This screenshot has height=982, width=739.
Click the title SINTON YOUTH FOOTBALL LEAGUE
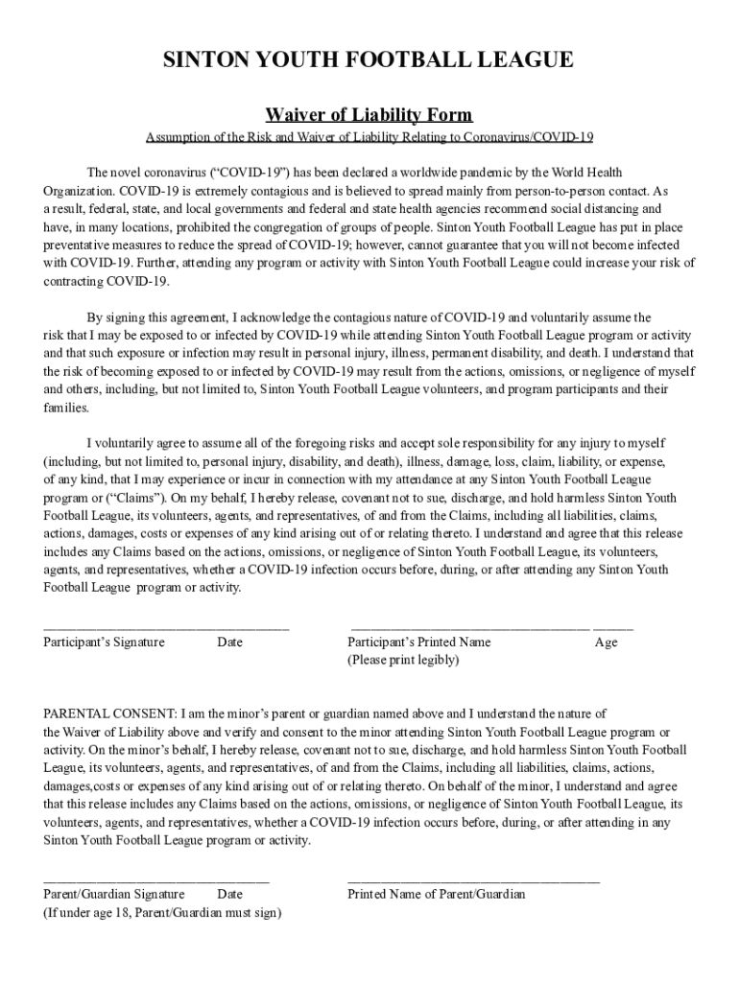click(369, 61)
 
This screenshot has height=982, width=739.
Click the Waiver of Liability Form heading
click(369, 116)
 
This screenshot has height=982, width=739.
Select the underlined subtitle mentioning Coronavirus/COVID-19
click(369, 137)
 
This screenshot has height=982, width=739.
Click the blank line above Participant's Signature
click(166, 626)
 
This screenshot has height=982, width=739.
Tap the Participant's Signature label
click(104, 643)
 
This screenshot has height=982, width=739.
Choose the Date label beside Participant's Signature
click(229, 643)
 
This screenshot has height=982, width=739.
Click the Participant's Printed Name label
click(418, 643)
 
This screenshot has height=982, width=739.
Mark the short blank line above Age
click(613, 626)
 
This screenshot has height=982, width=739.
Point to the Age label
click(606, 643)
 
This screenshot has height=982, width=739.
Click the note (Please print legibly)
click(403, 661)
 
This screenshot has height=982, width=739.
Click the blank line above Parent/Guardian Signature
click(156, 878)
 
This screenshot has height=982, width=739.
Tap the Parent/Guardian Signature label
click(114, 895)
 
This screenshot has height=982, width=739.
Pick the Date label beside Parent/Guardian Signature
click(229, 895)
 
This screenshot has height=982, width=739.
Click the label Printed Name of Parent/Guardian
click(436, 895)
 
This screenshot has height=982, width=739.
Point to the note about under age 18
click(162, 913)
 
